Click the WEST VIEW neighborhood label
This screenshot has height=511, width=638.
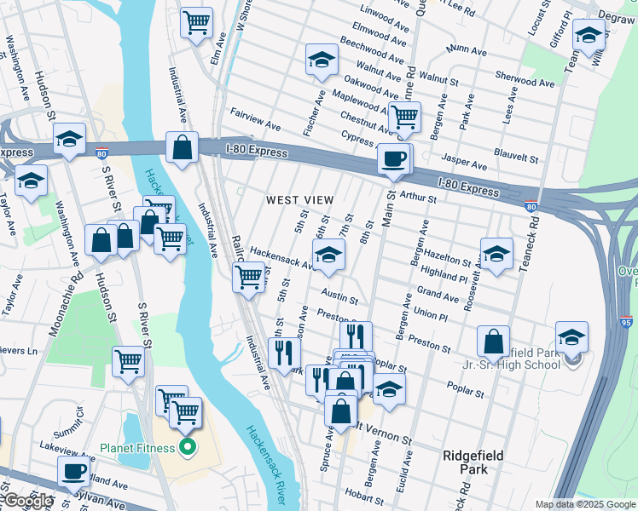pos(299,200)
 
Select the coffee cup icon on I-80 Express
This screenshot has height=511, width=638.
pos(393,158)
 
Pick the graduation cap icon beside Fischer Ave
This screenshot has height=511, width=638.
pos(322,60)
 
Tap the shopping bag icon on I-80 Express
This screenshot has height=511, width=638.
pos(183,147)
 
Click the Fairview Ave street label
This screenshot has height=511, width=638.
pos(255,118)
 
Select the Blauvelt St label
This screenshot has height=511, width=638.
pos(516,158)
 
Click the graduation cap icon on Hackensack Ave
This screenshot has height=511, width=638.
pos(328,254)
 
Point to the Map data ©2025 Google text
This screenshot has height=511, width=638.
pos(583,504)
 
